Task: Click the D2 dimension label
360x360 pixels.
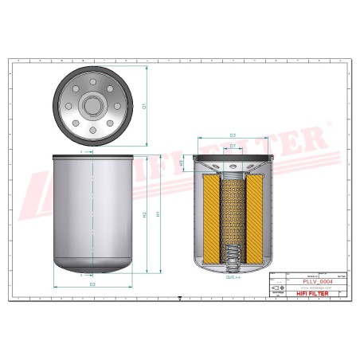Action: point(92,283)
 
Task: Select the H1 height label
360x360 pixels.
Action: point(158,213)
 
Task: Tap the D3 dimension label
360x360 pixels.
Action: point(232,135)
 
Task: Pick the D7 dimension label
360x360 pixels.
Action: point(232,146)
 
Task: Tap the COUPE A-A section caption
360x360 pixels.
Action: point(232,278)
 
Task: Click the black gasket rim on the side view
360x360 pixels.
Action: point(92,156)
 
